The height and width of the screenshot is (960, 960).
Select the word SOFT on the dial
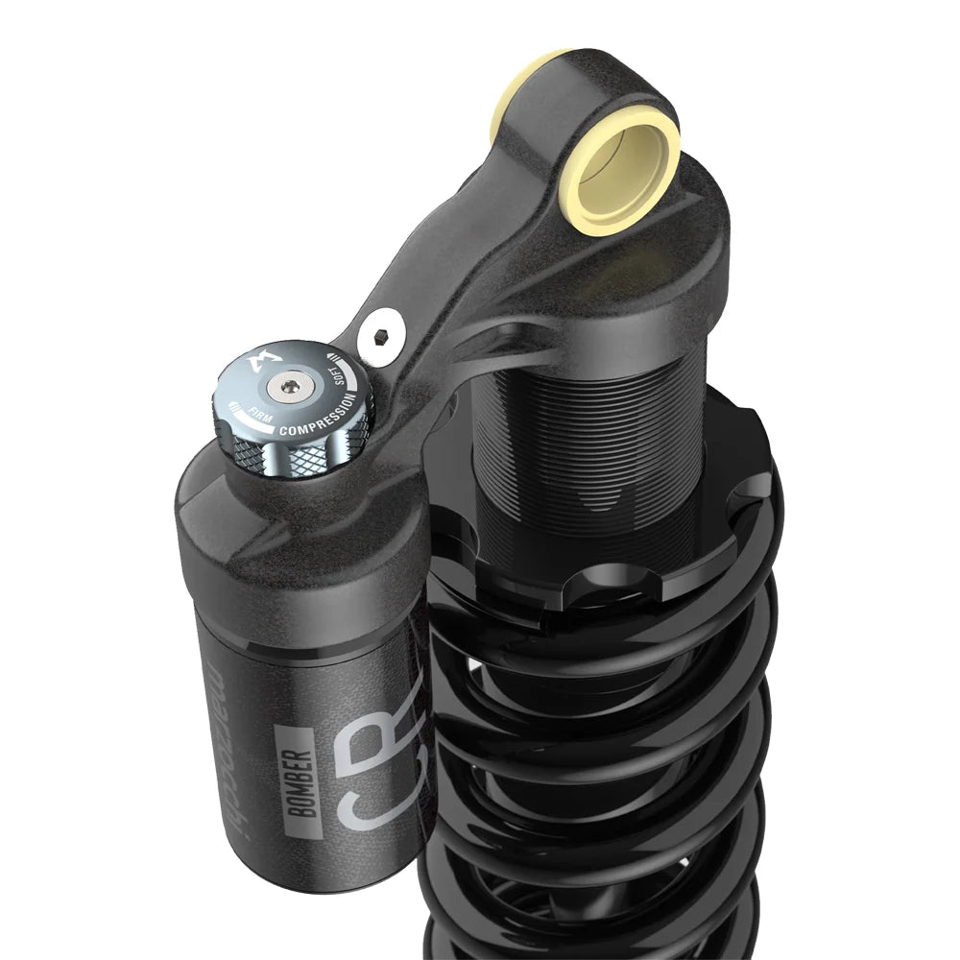[348, 382]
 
